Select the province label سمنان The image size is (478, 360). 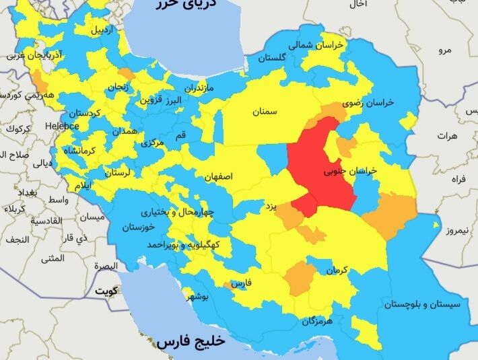coord(265,112)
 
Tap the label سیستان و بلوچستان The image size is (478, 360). coord(422,305)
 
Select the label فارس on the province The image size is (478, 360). coord(241,284)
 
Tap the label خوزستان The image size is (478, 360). coord(138,227)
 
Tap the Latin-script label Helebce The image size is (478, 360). coord(62,126)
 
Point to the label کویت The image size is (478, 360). coord(105,291)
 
